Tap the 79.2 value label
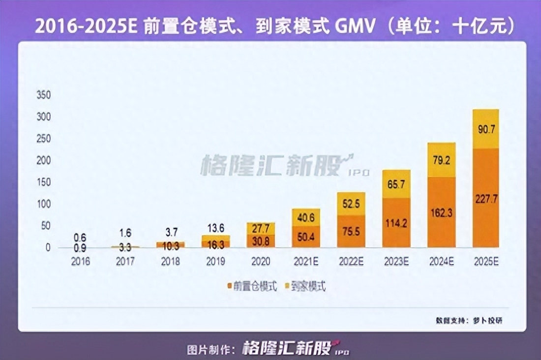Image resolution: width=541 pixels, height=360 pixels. pyautogui.click(x=441, y=159)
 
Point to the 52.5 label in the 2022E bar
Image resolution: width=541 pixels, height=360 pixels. pyautogui.click(x=351, y=204)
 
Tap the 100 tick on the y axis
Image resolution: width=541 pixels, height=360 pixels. pyautogui.click(x=44, y=204)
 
